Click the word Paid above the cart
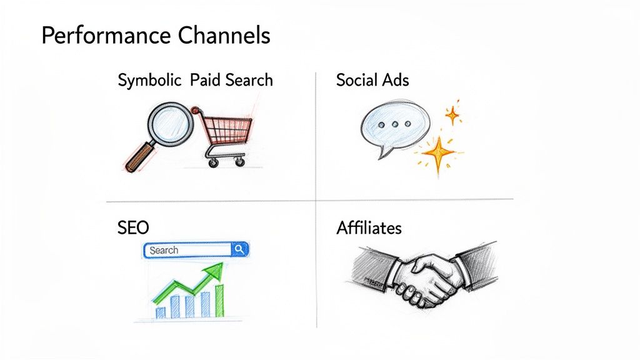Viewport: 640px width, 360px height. point(204,80)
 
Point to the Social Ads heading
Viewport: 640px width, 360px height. point(372,80)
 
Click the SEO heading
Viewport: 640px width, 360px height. point(133,228)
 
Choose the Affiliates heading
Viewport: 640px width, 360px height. point(369,228)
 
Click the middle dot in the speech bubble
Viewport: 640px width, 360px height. point(395,124)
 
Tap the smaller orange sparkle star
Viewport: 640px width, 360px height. point(452,114)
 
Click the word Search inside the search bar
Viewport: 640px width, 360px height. point(164,250)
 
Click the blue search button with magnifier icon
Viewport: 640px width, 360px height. point(240,250)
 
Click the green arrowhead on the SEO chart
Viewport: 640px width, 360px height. point(215,270)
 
